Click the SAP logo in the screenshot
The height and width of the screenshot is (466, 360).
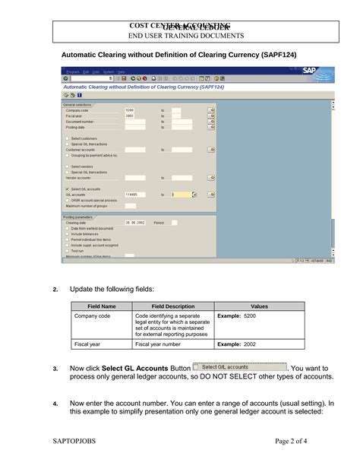309,71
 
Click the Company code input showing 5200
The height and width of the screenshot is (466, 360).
134,110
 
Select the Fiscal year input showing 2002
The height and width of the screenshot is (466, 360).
134,116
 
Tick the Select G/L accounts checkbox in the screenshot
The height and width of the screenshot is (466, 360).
67,189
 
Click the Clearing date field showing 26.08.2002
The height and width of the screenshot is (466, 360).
136,223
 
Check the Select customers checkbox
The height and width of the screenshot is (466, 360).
67,138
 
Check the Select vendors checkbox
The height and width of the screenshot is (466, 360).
67,166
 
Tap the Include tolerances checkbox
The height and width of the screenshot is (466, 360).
67,234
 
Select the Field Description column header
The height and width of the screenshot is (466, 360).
173,306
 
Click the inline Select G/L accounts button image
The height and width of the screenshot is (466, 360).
240,366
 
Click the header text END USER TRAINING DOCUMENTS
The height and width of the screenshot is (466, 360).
185,35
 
